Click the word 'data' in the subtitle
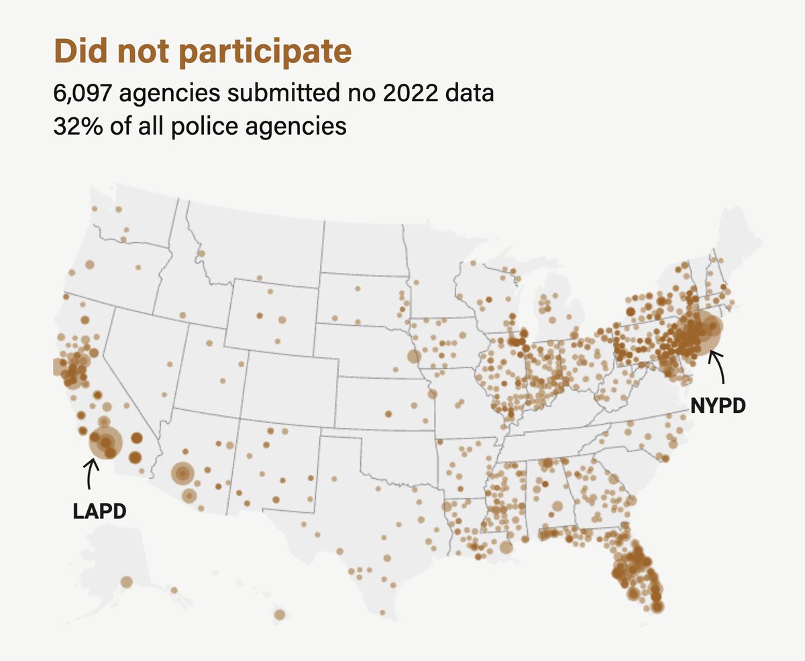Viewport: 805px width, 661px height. pyautogui.click(x=470, y=93)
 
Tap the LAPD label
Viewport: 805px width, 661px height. pyautogui.click(x=99, y=512)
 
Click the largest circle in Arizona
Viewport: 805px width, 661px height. pyautogui.click(x=182, y=474)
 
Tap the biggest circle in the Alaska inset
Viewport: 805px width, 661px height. pyautogui.click(x=126, y=581)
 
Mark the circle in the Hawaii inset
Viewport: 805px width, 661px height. pyautogui.click(x=279, y=614)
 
